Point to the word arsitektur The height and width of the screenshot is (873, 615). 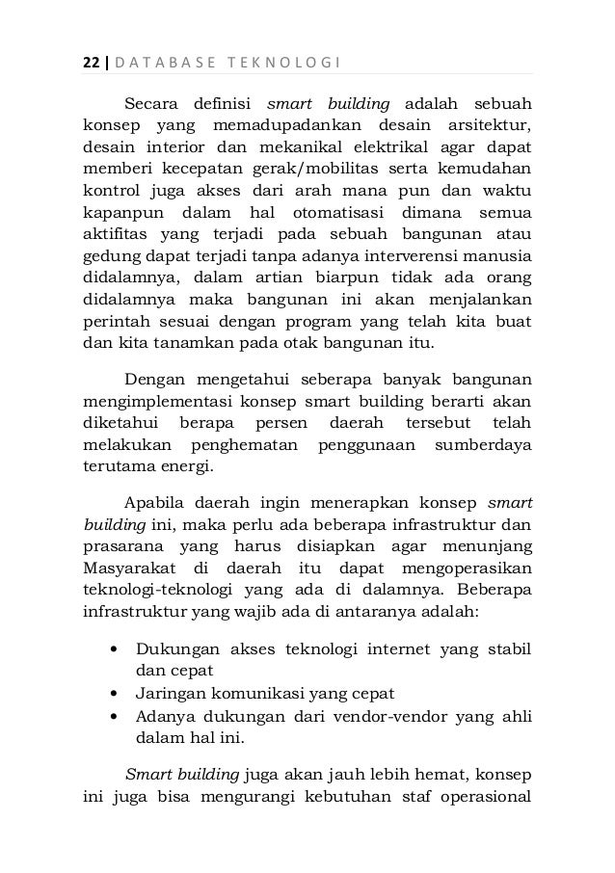[x=493, y=124]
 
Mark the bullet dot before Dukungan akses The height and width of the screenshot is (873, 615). [x=116, y=648]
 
